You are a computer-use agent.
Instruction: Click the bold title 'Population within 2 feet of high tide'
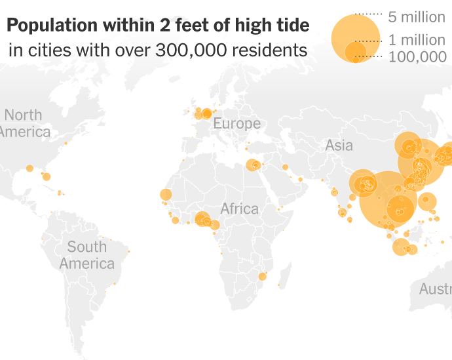coord(158,26)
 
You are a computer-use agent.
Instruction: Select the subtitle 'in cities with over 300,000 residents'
coord(158,50)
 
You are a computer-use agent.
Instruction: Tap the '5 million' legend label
coord(416,17)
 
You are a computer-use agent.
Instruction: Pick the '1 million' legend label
coord(416,41)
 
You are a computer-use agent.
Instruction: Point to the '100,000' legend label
coord(417,57)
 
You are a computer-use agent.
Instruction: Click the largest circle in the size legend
coord(356,37)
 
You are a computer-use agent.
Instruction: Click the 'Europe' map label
coord(236,123)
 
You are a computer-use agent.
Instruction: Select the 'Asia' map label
coord(339,146)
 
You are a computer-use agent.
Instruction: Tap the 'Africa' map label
coord(239,209)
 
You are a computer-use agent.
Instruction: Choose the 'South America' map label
coord(86,255)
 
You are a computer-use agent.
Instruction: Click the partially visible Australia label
coord(435,289)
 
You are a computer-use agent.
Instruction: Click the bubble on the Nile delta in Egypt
coord(252,165)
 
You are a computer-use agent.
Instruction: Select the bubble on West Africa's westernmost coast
coord(165,195)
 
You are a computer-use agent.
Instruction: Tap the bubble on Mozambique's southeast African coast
coord(262,277)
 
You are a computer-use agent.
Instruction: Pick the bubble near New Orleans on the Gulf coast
coord(29,169)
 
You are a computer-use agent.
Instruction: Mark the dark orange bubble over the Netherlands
coord(207,113)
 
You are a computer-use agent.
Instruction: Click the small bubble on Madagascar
coord(280,285)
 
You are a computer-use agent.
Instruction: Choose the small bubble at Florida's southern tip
coord(47,176)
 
